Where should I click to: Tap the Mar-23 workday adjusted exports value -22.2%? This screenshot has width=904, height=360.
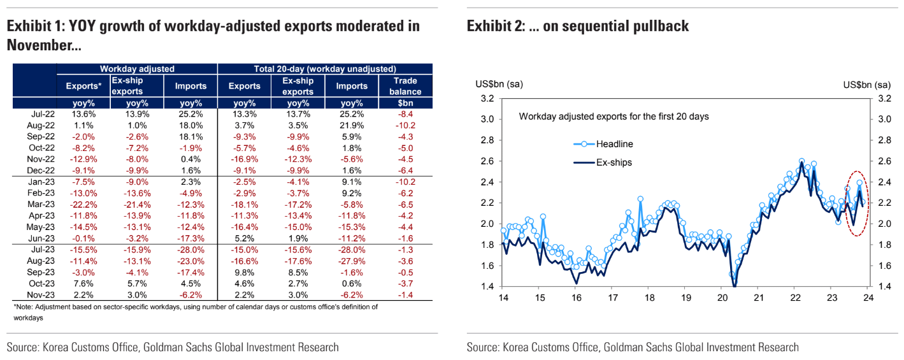[x=83, y=204]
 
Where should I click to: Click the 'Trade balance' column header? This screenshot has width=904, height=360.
[x=406, y=86]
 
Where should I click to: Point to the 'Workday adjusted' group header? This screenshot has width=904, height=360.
[x=137, y=68]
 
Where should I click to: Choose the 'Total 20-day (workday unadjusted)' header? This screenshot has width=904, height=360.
[x=325, y=68]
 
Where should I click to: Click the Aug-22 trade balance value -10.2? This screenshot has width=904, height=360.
[x=406, y=125]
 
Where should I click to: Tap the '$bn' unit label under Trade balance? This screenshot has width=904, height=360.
[x=406, y=103]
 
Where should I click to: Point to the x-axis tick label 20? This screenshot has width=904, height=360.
[x=722, y=298]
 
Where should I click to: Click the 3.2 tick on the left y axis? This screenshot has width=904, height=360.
[x=487, y=98]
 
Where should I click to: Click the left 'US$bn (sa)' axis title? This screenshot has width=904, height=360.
[x=499, y=85]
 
